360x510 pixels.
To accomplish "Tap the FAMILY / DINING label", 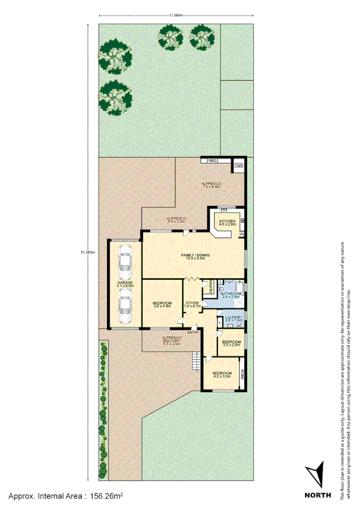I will tap(196, 256).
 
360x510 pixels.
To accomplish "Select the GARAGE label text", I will tap(125, 282).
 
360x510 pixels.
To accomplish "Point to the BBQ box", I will tap(212, 161).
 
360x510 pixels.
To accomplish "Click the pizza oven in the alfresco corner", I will tap(239, 164).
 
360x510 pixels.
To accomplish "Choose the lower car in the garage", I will tap(125, 305).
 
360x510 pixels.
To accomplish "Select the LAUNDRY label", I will tap(233, 317).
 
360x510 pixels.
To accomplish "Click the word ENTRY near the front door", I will tap(193, 333).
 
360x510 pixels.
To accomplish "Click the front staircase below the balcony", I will tap(195, 361).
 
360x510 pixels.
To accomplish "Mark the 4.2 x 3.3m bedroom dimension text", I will tap(221, 376).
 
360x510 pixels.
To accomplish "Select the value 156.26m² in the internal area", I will tap(106, 497).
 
